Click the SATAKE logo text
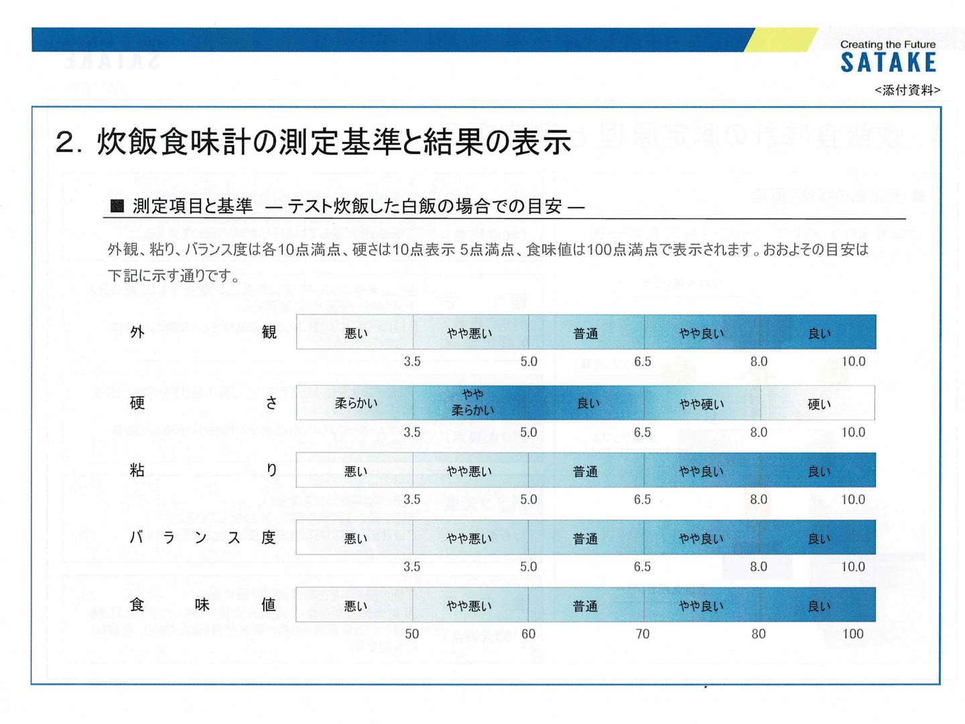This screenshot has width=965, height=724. pos(888,62)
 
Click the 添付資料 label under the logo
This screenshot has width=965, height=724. pos(907,90)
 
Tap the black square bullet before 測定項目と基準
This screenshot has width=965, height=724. pos(117,206)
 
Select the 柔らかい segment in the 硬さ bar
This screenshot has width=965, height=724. pos(356,403)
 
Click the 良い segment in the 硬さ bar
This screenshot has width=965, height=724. pos(588,403)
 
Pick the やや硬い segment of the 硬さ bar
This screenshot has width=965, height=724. pos(702,404)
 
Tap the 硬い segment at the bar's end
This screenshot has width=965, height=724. pos(818,404)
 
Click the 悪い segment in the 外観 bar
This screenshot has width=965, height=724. pos(356,333)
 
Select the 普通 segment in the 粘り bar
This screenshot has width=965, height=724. pos(585,471)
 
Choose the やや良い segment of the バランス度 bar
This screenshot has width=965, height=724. pos(701,538)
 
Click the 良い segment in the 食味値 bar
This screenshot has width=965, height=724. pos(818,605)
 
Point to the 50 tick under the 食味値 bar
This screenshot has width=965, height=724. pos(411,633)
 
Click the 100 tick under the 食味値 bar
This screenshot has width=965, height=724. pos(852,633)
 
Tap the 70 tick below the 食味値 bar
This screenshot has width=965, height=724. pos(642,633)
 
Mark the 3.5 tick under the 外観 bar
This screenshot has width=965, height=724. pos(412,361)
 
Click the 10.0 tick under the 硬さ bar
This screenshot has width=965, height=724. pos(853,432)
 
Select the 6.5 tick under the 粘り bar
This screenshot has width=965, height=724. pos(642,499)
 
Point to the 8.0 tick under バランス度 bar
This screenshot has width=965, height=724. pos(759,566)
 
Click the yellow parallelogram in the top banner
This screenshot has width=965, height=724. pos(781,40)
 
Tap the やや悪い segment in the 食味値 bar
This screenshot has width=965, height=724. pos(469,605)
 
